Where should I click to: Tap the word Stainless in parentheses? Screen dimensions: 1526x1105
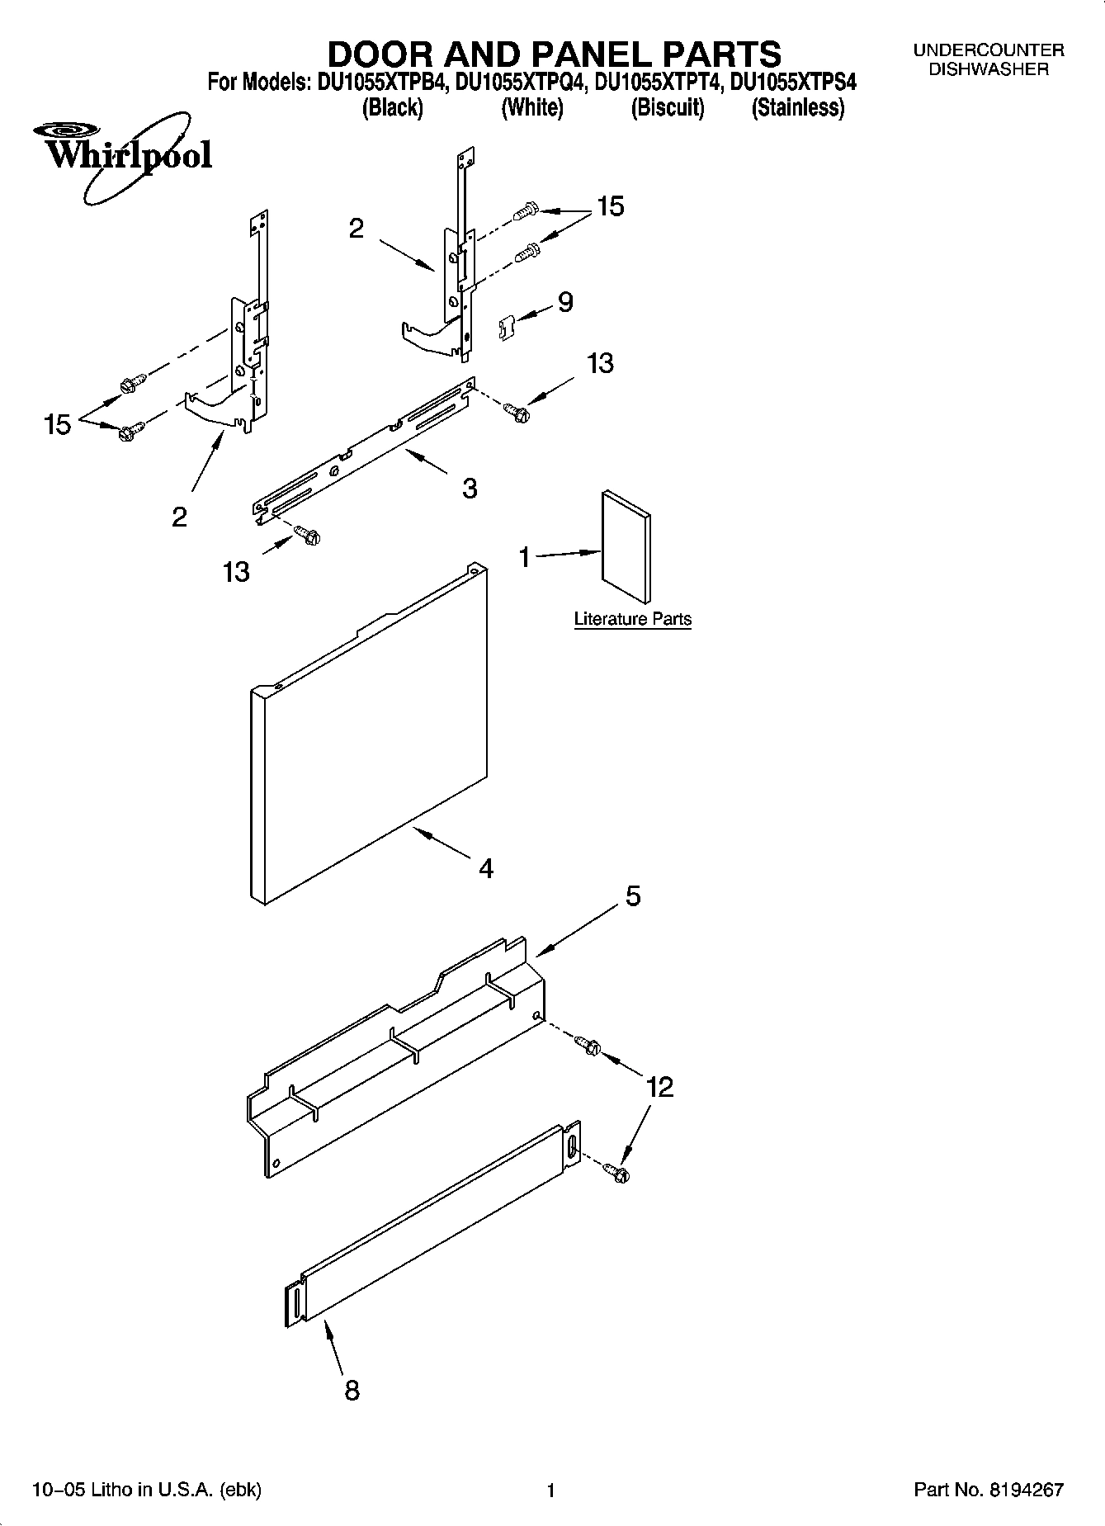(x=797, y=108)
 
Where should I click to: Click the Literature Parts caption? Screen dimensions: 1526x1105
(x=632, y=619)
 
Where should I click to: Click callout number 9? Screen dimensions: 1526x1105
(x=565, y=302)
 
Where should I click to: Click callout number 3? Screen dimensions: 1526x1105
(x=469, y=489)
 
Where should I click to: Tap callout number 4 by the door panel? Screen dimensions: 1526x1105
(x=486, y=868)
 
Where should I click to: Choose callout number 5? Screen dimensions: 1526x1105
(x=632, y=895)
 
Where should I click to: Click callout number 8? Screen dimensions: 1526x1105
(x=352, y=1391)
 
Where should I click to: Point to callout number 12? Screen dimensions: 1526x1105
(x=659, y=1087)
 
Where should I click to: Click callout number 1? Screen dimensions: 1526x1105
(x=525, y=558)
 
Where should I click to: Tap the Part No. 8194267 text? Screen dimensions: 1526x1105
(x=988, y=1490)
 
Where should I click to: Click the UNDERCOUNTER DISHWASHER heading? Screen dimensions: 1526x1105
(x=988, y=59)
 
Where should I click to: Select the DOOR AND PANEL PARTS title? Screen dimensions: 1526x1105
(x=554, y=54)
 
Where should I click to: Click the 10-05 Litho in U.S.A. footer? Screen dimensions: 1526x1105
(x=146, y=1490)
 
